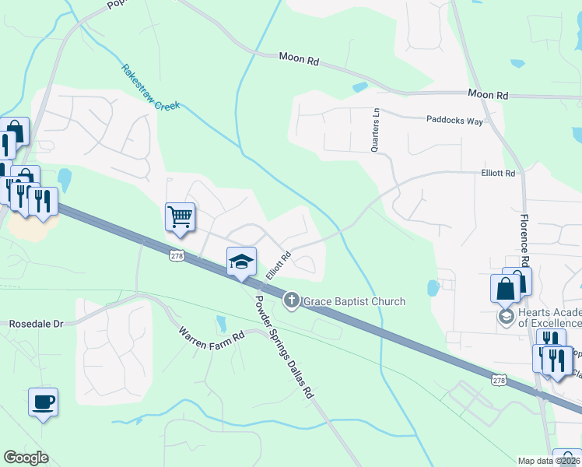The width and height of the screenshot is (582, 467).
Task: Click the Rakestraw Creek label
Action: click(150, 86)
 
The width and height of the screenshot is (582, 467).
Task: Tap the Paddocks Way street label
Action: click(454, 121)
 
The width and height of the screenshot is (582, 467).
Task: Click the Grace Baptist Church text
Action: click(354, 301)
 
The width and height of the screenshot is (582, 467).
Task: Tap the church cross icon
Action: click(292, 300)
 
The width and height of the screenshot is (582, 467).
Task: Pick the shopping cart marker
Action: click(180, 216)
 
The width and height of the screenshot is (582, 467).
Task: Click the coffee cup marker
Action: click(43, 402)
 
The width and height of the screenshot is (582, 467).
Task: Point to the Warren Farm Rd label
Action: click(212, 337)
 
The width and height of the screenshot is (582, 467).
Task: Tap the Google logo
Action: click(26, 458)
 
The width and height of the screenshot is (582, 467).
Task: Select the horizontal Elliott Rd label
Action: click(498, 174)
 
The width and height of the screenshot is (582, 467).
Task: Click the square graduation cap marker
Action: click(241, 262)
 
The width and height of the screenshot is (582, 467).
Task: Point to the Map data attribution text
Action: click(549, 461)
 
